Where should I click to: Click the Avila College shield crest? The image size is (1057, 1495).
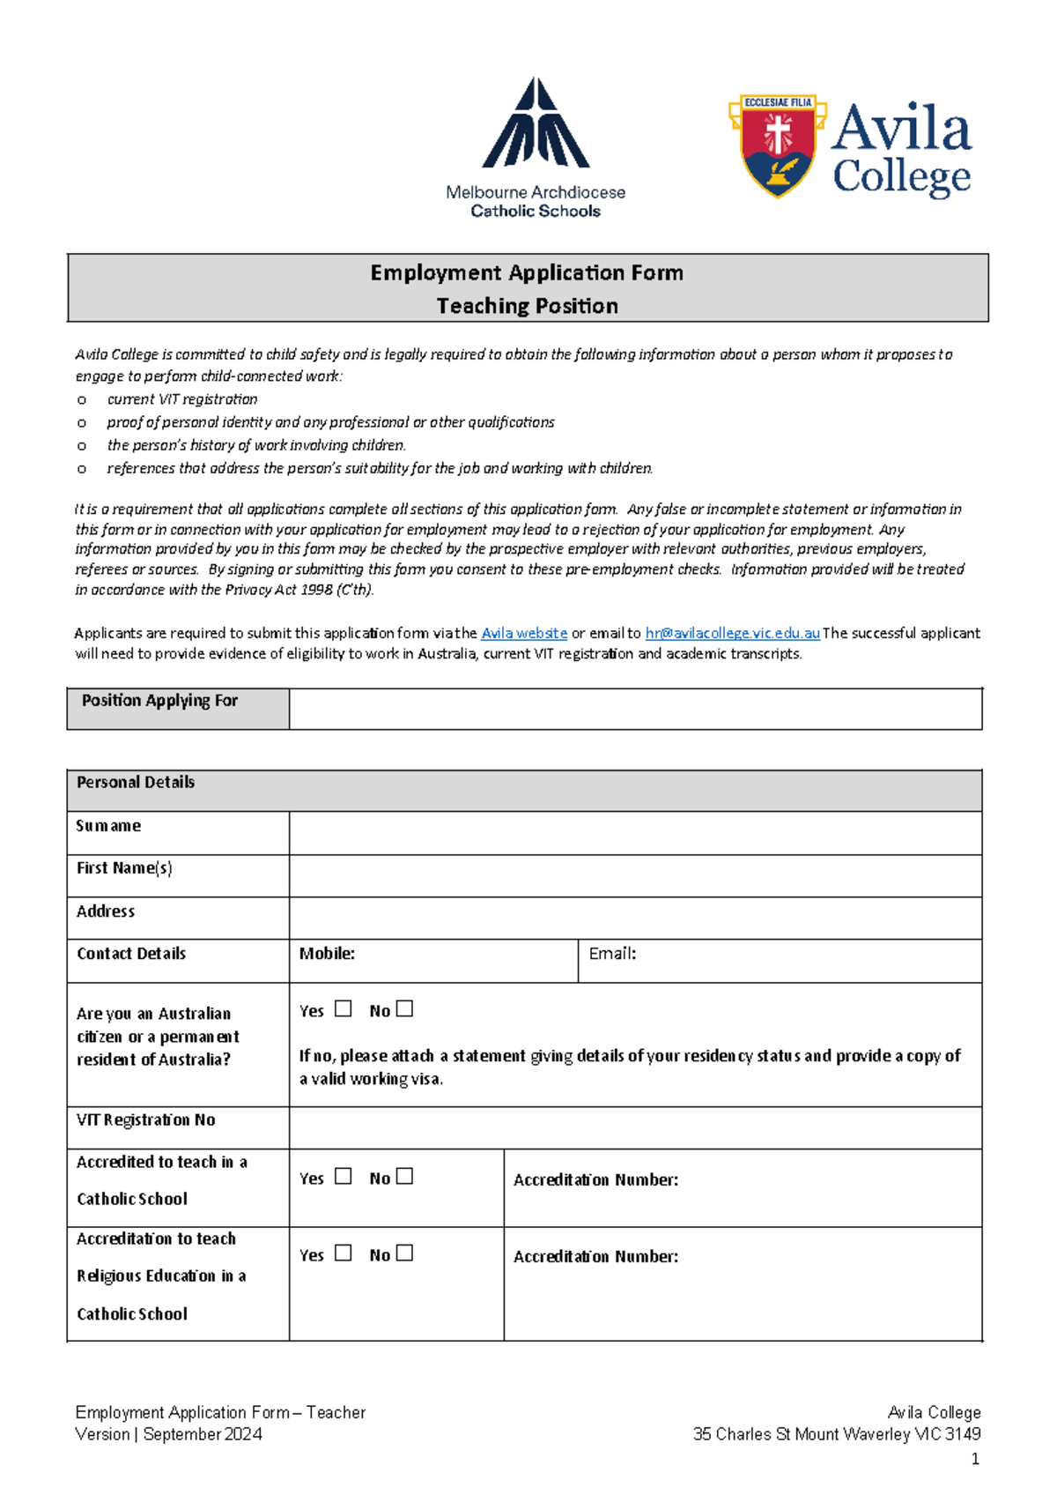pyautogui.click(x=777, y=145)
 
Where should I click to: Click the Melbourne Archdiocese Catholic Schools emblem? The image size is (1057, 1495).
pyautogui.click(x=536, y=124)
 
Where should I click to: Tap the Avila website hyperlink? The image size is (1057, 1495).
pyautogui.click(x=524, y=633)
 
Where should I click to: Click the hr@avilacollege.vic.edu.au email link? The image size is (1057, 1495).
pyautogui.click(x=732, y=633)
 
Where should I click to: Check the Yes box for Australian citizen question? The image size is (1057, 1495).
pyautogui.click(x=344, y=1008)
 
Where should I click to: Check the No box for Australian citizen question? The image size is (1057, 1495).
pyautogui.click(x=404, y=1008)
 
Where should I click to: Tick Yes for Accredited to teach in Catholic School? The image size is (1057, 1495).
pyautogui.click(x=344, y=1176)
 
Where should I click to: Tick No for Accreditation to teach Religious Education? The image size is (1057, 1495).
pyautogui.click(x=404, y=1253)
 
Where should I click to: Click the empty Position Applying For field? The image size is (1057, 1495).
pyautogui.click(x=635, y=709)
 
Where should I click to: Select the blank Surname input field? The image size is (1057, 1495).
pyautogui.click(x=635, y=833)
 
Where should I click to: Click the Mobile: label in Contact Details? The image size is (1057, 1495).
pyautogui.click(x=327, y=954)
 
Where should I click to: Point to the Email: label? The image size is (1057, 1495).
pyautogui.click(x=612, y=954)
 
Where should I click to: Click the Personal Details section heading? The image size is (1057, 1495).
pyautogui.click(x=136, y=783)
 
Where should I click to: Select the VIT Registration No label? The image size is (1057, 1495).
pyautogui.click(x=146, y=1120)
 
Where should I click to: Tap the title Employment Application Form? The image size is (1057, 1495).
pyautogui.click(x=527, y=273)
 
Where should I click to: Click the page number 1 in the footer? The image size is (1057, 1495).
pyautogui.click(x=975, y=1460)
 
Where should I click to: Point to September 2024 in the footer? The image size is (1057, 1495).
pyautogui.click(x=203, y=1435)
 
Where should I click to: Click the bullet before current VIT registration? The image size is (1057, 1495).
pyautogui.click(x=82, y=400)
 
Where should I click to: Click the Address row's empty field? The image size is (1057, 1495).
pyautogui.click(x=635, y=918)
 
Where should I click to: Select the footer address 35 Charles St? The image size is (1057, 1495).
pyautogui.click(x=837, y=1435)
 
